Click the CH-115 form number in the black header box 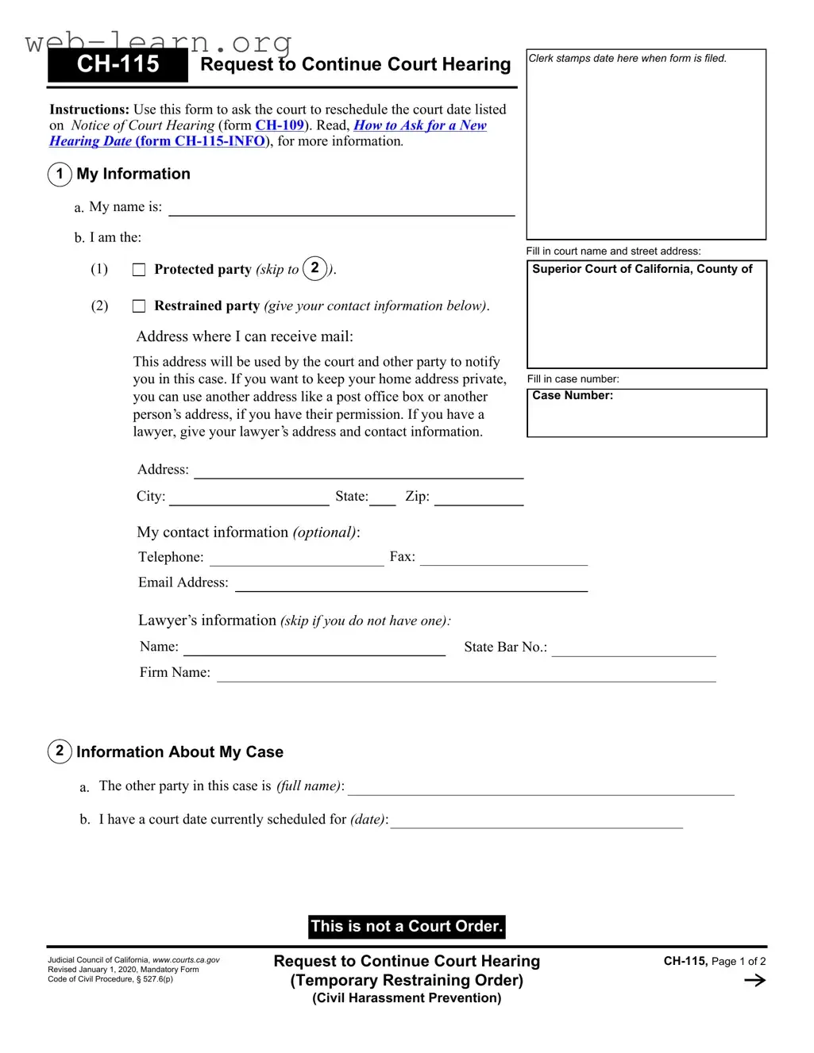(118, 64)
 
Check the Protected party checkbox (139, 270)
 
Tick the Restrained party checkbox (139, 306)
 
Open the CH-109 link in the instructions (280, 125)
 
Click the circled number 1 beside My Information (60, 174)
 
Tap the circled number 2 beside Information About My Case (60, 751)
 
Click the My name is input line (341, 209)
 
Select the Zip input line (478, 499)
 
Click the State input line (382, 499)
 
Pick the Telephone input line (296, 559)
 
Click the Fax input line (503, 559)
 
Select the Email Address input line (411, 586)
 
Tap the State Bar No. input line (634, 650)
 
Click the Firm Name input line (466, 675)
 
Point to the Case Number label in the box (573, 396)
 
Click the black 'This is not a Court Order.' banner (407, 926)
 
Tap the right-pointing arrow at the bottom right (754, 981)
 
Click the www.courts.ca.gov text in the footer (186, 960)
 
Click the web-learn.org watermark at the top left (158, 41)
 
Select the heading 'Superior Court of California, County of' (642, 269)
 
